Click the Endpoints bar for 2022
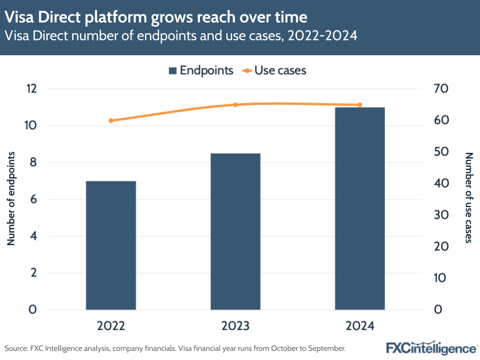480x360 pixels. pyautogui.click(x=111, y=245)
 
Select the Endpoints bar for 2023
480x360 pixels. pyautogui.click(x=235, y=231)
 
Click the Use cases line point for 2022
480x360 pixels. pyautogui.click(x=111, y=121)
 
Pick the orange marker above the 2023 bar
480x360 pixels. pyautogui.click(x=235, y=105)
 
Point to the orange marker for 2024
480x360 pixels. pyautogui.click(x=360, y=105)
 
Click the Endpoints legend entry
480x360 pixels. pyautogui.click(x=200, y=70)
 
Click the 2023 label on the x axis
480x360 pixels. pyautogui.click(x=235, y=326)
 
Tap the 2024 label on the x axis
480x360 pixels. pyautogui.click(x=360, y=326)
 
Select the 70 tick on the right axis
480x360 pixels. pyautogui.click(x=441, y=89)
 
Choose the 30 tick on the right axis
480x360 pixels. pyautogui.click(x=441, y=215)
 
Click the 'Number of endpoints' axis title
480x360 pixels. pyautogui.click(x=12, y=198)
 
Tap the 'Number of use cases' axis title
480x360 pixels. pyautogui.click(x=469, y=198)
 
